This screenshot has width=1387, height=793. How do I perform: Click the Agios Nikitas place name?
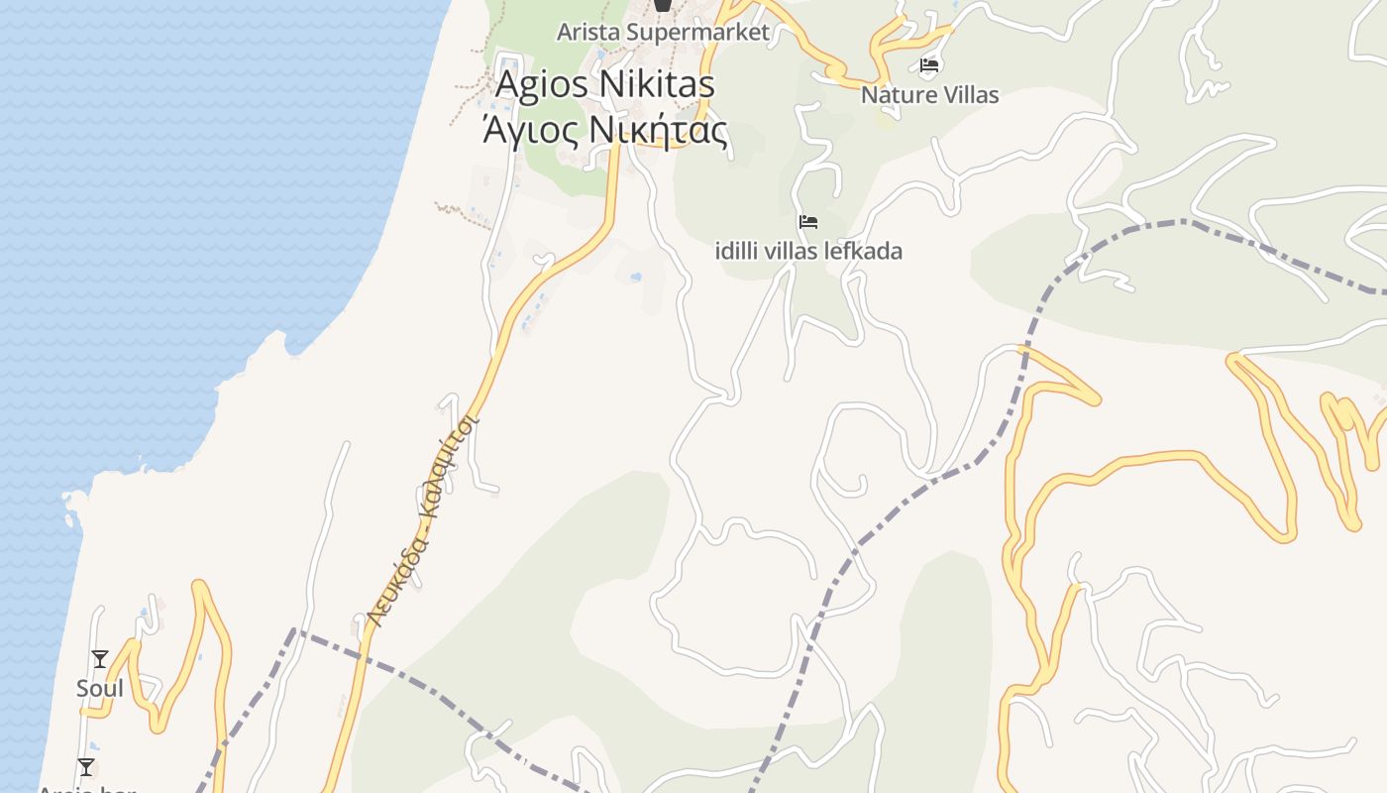coord(604,84)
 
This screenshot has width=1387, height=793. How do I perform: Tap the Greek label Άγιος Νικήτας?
coord(604,130)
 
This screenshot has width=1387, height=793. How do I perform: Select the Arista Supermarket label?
coord(663,32)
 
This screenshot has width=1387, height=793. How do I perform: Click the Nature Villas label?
coord(929,95)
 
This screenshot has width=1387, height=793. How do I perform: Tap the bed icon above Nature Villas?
coord(929,66)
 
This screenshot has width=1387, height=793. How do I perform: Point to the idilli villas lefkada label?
coord(808,251)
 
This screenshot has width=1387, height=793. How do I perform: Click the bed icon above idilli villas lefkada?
coord(808,222)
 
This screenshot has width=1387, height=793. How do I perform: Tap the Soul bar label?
coord(100,688)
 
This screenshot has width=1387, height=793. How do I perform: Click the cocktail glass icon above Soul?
coord(100,659)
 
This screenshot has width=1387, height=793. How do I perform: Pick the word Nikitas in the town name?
coord(658,84)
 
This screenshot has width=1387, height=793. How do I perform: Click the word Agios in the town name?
coord(543,84)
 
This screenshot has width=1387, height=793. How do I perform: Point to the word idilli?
coord(737,251)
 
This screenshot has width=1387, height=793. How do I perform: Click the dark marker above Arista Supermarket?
coord(663,5)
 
